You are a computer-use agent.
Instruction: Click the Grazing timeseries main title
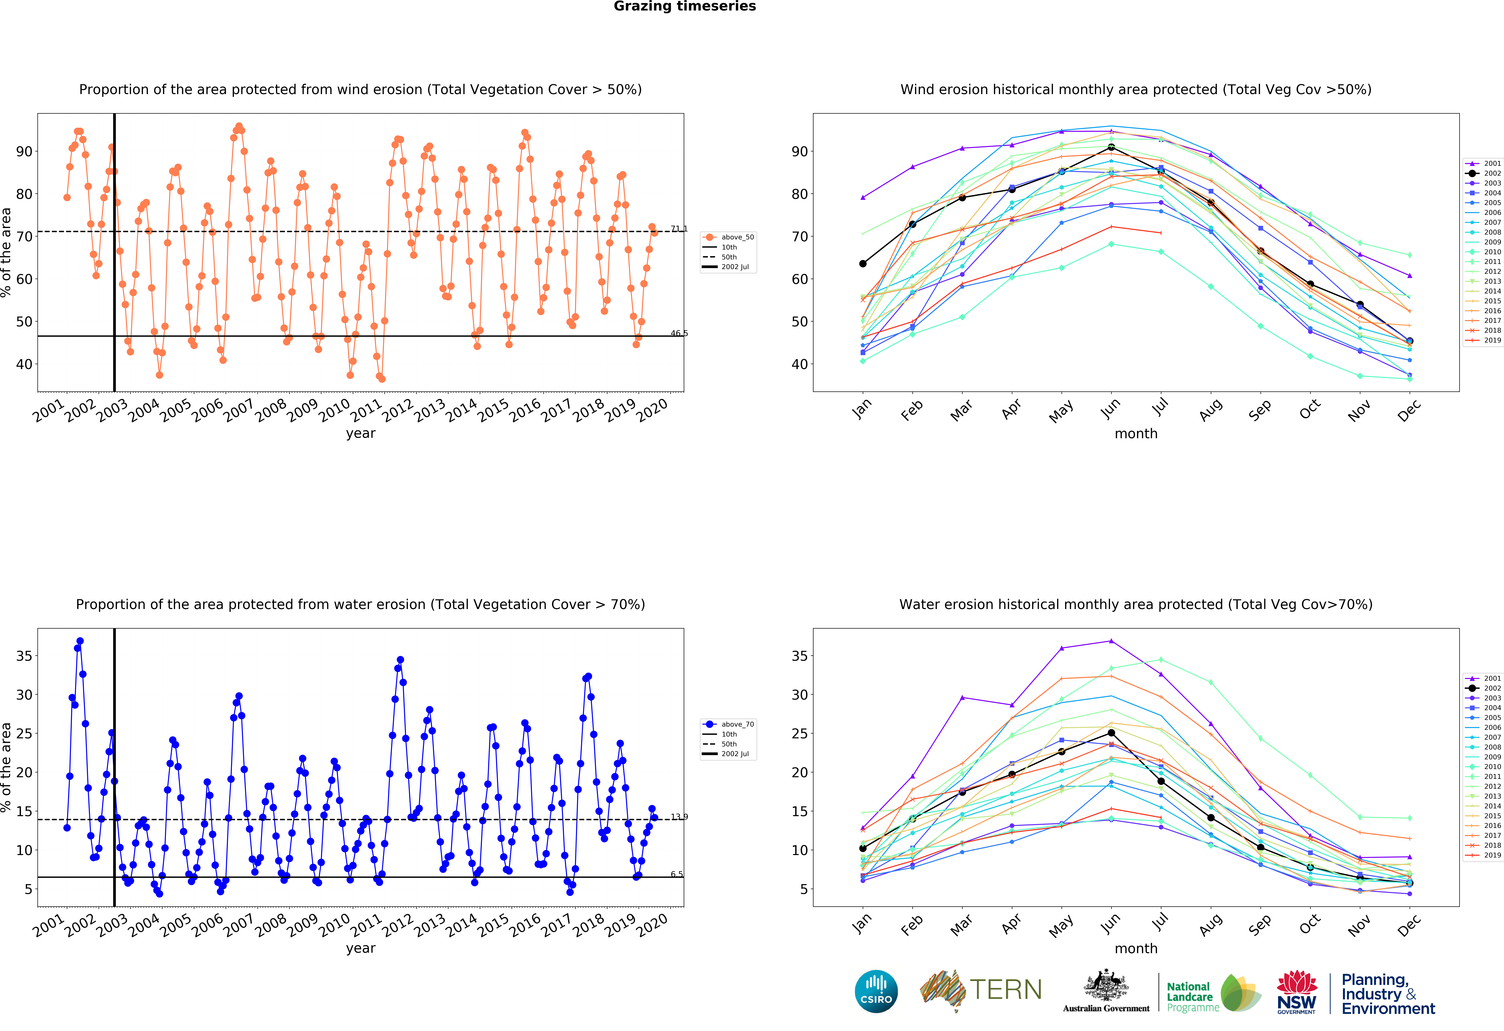tap(685, 6)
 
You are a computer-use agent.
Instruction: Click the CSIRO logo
tap(876, 991)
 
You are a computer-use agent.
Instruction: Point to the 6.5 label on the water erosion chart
tap(677, 874)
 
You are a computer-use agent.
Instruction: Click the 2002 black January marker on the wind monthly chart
tap(863, 263)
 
